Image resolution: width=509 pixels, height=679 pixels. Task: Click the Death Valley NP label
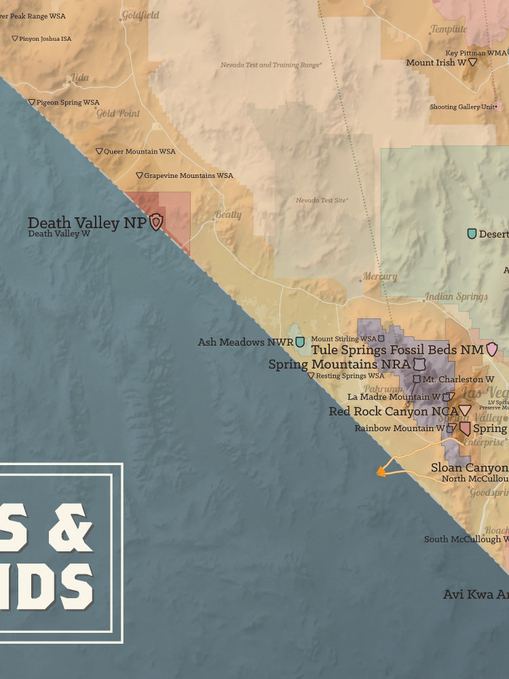[86, 222]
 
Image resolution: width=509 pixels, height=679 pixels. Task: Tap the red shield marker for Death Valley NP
[156, 221]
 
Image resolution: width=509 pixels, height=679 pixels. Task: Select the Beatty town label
[228, 215]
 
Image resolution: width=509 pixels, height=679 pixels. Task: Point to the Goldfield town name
[140, 15]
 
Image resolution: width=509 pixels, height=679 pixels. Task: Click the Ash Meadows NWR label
[245, 342]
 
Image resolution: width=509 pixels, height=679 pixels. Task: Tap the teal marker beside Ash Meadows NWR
[299, 342]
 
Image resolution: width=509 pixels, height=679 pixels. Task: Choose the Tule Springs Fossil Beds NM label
[397, 350]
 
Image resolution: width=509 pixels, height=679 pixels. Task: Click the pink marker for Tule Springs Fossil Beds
[492, 350]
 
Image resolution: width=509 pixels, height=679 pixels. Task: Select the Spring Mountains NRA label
[339, 365]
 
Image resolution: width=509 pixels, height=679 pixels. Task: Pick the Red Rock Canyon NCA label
[392, 411]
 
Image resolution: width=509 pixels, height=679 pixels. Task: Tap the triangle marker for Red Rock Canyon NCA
[465, 410]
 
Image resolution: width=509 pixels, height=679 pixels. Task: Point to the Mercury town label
[380, 276]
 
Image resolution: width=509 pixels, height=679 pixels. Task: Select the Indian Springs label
[456, 297]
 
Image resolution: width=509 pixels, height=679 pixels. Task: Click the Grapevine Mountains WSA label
[188, 175]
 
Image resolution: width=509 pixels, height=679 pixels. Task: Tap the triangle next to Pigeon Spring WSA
[31, 103]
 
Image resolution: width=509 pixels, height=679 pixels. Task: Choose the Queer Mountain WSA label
[139, 151]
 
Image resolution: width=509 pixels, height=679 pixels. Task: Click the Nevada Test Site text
[322, 200]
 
